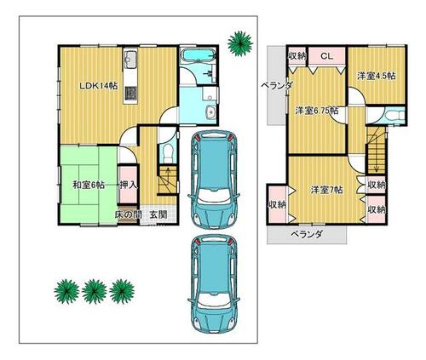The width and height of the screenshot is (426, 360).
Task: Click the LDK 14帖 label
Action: (x=98, y=86)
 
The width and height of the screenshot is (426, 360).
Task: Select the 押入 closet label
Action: (x=129, y=185)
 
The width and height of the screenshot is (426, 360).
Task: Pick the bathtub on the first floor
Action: (x=198, y=55)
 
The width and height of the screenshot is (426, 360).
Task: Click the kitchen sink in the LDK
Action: (x=130, y=60)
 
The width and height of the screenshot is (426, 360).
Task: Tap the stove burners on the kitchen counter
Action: (x=130, y=94)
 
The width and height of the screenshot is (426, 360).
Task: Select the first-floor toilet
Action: (x=168, y=154)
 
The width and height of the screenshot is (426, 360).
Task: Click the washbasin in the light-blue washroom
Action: (x=211, y=112)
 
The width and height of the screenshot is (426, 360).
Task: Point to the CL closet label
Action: (x=326, y=56)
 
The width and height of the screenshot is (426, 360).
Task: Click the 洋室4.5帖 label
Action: (x=377, y=76)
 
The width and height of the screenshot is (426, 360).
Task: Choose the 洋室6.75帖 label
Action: (x=317, y=111)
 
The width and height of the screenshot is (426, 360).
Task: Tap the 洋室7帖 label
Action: (x=326, y=190)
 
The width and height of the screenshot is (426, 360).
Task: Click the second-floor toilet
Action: (x=394, y=116)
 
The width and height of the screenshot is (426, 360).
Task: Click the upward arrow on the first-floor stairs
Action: (x=168, y=177)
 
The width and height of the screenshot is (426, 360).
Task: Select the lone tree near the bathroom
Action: (x=240, y=43)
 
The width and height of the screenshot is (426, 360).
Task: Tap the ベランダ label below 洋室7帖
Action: (x=307, y=234)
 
